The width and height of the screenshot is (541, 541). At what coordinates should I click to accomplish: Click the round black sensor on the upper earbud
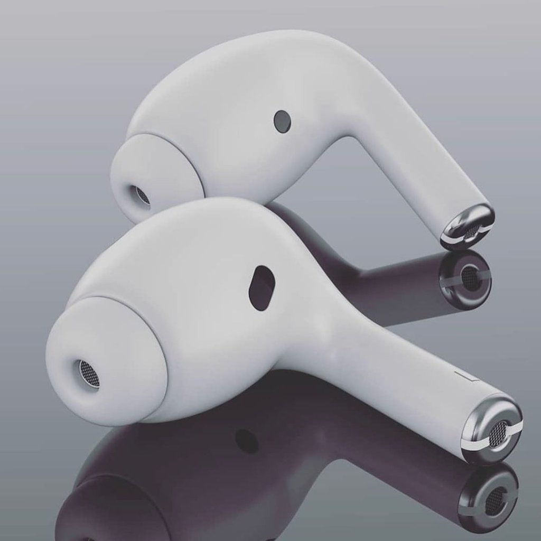pyautogui.click(x=282, y=122)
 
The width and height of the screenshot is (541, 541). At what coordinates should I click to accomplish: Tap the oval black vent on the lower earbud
pyautogui.click(x=262, y=288)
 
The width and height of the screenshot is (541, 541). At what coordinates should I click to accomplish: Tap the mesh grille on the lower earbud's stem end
pyautogui.click(x=497, y=434)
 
